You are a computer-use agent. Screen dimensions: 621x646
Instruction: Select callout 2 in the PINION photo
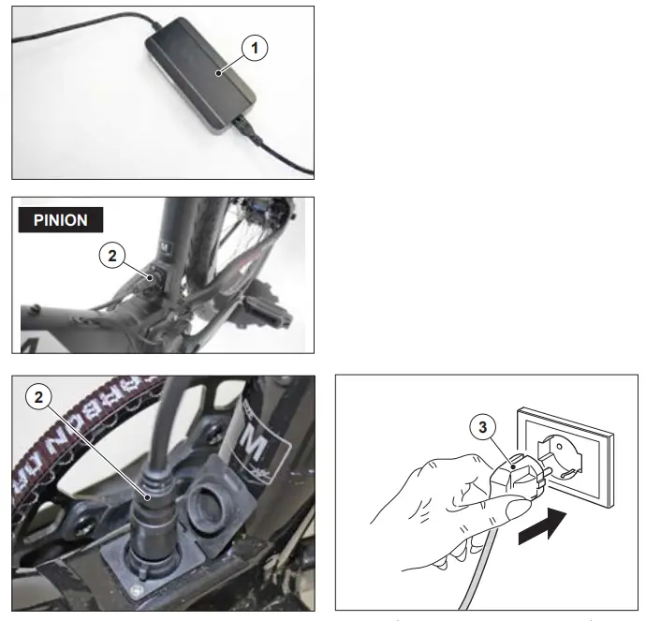pyautogui.click(x=111, y=253)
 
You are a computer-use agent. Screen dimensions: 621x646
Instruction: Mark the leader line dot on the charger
pyautogui.click(x=217, y=72)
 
